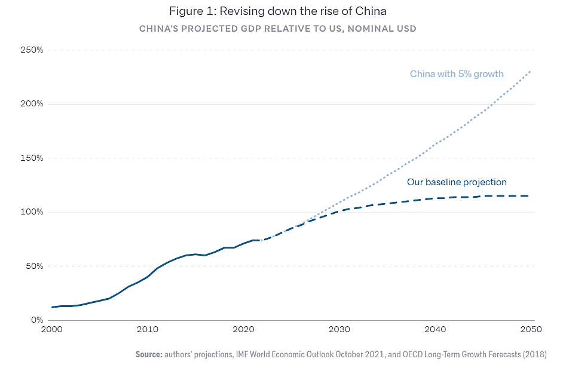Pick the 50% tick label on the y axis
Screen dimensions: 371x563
click(x=35, y=266)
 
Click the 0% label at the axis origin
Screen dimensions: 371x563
click(x=37, y=320)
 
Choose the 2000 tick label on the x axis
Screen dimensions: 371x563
click(x=52, y=330)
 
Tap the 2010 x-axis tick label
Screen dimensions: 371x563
click(x=147, y=330)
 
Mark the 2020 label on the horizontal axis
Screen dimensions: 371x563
click(x=243, y=330)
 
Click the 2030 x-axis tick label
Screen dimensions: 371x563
click(x=339, y=330)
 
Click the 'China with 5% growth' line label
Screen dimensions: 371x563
click(x=457, y=74)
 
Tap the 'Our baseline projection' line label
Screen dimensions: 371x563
click(x=457, y=182)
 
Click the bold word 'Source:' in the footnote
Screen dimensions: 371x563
click(x=149, y=354)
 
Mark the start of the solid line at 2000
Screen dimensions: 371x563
click(x=52, y=307)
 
